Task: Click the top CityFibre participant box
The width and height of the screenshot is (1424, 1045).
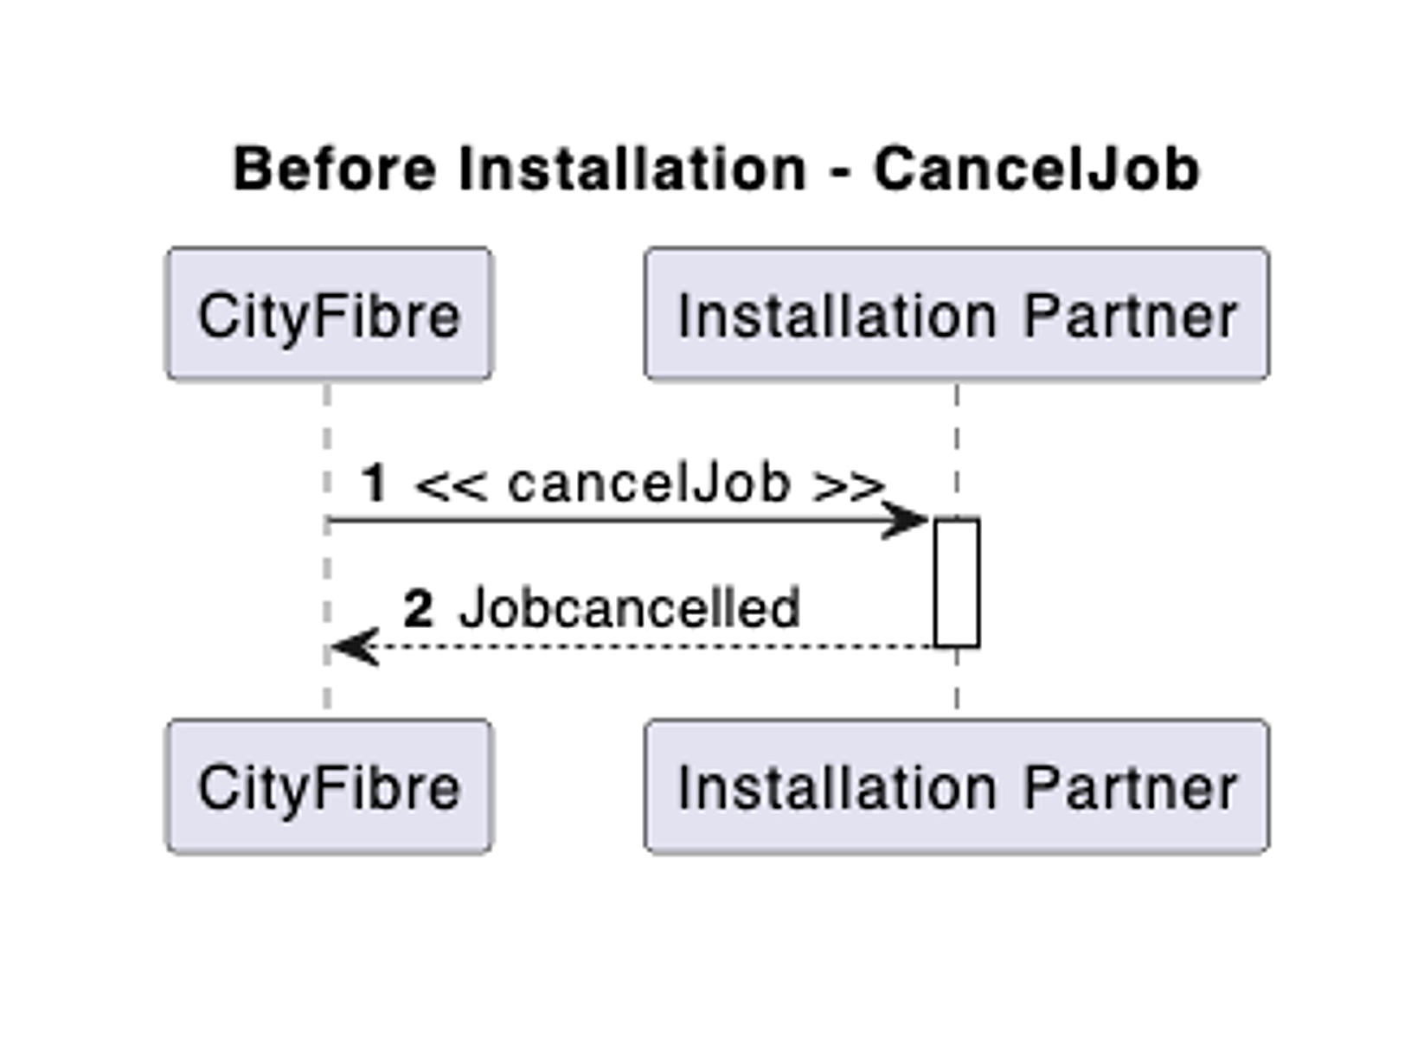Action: pyautogui.click(x=329, y=314)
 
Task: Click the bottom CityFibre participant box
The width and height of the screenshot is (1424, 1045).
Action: pyautogui.click(x=329, y=786)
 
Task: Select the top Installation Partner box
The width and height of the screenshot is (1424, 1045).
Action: pyautogui.click(x=956, y=314)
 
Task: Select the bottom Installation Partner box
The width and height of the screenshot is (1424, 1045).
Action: pyautogui.click(x=956, y=786)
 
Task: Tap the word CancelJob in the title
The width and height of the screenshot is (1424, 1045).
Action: pyautogui.click(x=1036, y=169)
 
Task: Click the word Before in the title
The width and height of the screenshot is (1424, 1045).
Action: pyautogui.click(x=335, y=169)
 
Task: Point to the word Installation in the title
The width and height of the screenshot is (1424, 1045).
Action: pyautogui.click(x=632, y=169)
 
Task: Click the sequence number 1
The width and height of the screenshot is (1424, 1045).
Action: pyautogui.click(x=374, y=483)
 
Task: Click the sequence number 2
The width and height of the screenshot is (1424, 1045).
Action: pyautogui.click(x=418, y=608)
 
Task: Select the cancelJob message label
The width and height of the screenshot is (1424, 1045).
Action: pyautogui.click(x=649, y=483)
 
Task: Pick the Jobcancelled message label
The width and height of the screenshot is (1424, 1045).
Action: pyautogui.click(x=629, y=608)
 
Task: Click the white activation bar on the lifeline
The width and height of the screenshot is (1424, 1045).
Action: pyautogui.click(x=956, y=582)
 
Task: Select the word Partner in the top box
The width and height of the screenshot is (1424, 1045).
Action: pyautogui.click(x=1130, y=316)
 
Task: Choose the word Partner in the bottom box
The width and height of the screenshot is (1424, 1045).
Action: pyautogui.click(x=1130, y=788)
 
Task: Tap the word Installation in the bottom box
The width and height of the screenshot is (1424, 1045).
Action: pyautogui.click(x=837, y=788)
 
